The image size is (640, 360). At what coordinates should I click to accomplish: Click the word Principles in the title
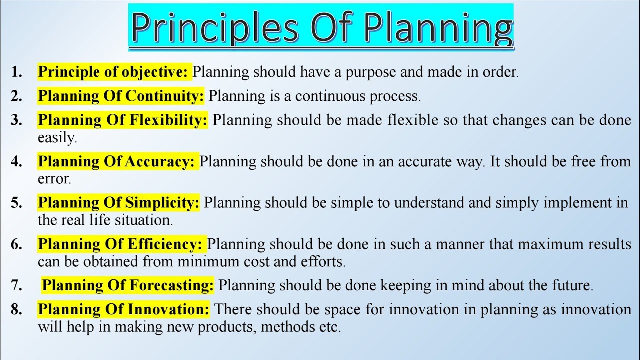pyautogui.click(x=212, y=28)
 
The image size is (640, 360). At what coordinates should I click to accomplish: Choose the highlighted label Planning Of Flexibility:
pyautogui.click(x=123, y=120)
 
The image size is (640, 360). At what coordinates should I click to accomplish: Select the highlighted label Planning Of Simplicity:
pyautogui.click(x=119, y=203)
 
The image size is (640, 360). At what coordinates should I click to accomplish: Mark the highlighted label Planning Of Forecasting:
pyautogui.click(x=128, y=286)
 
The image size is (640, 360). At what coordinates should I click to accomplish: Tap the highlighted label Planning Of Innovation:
pyautogui.click(x=124, y=310)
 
